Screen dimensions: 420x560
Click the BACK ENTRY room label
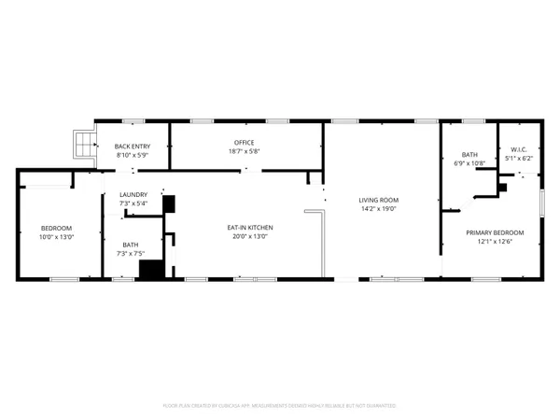133,147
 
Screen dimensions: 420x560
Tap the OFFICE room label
244,142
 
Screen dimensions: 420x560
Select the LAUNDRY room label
133,194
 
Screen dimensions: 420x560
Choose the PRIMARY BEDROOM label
495,232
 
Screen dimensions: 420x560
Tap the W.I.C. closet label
518,149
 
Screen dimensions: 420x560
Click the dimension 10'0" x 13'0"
56,237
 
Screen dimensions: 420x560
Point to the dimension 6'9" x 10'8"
470,163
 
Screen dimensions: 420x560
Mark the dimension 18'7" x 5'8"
244,151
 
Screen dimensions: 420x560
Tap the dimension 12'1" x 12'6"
495,242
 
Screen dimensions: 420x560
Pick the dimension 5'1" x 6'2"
518,159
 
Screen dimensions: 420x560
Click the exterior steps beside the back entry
85,144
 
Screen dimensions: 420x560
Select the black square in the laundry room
169,205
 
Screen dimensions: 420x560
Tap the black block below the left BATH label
151,270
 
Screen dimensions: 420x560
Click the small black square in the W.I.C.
503,187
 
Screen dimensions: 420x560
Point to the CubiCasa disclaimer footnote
280,406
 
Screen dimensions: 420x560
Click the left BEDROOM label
56,228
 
